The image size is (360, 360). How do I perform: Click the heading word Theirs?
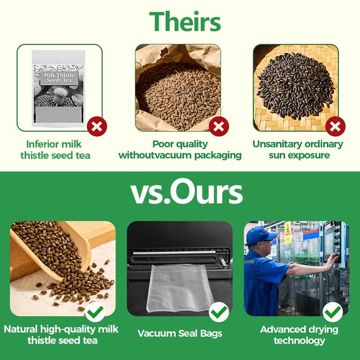[185, 21]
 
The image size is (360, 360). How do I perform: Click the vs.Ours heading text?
[186, 192]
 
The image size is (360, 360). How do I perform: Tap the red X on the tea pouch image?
[97, 126]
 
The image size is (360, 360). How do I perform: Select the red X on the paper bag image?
[219, 126]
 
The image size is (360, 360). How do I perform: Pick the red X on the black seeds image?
[335, 126]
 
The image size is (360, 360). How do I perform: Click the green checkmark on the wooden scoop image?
[95, 312]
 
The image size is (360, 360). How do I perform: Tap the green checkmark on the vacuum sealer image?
[219, 312]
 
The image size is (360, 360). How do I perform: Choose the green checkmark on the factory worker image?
[333, 312]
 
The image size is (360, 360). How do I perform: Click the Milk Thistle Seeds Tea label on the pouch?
[59, 78]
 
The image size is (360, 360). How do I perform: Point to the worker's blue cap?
[261, 235]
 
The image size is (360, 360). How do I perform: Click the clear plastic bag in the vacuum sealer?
[180, 288]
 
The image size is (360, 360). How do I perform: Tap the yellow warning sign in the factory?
[288, 232]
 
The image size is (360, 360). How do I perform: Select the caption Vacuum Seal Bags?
[180, 333]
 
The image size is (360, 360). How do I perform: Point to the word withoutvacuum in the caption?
[155, 155]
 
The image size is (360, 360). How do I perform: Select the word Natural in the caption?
[21, 329]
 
